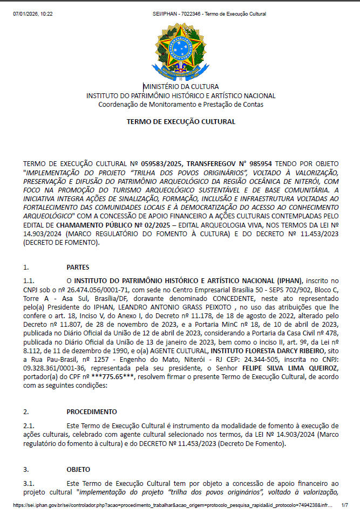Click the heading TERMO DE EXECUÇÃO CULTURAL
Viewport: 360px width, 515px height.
pyautogui.click(x=181, y=122)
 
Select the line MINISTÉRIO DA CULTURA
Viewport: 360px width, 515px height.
pyautogui.click(x=181, y=86)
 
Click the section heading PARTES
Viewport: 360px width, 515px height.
pyautogui.click(x=78, y=267)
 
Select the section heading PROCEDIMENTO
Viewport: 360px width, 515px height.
pyautogui.click(x=92, y=411)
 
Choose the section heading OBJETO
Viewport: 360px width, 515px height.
pyautogui.click(x=78, y=469)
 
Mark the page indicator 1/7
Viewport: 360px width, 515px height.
pyautogui.click(x=344, y=506)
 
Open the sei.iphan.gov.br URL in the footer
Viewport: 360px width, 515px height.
pyautogui.click(x=167, y=506)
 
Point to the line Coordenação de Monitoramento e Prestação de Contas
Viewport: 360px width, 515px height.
pyautogui.click(x=181, y=104)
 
